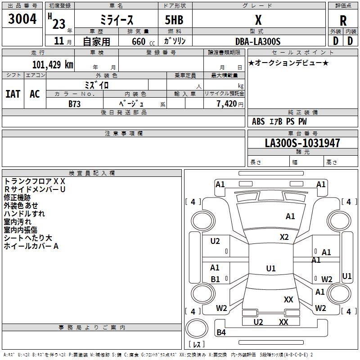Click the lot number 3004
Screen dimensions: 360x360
pyautogui.click(x=22, y=18)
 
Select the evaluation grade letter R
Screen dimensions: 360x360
pyautogui.click(x=343, y=20)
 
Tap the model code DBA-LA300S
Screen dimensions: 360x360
pyautogui.click(x=258, y=41)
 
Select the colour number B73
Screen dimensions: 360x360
pyautogui.click(x=74, y=103)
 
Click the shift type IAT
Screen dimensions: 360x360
pyautogui.click(x=13, y=94)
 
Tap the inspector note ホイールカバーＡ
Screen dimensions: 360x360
pyautogui.click(x=31, y=246)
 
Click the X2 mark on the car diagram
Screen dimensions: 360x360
pyautogui.click(x=284, y=237)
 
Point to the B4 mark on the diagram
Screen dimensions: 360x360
pyautogui.click(x=221, y=333)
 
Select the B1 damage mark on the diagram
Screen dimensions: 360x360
pyautogui.click(x=215, y=279)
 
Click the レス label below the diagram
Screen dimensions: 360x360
pyautogui.click(x=197, y=344)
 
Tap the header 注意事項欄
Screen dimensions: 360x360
pyautogui.click(x=124, y=134)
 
